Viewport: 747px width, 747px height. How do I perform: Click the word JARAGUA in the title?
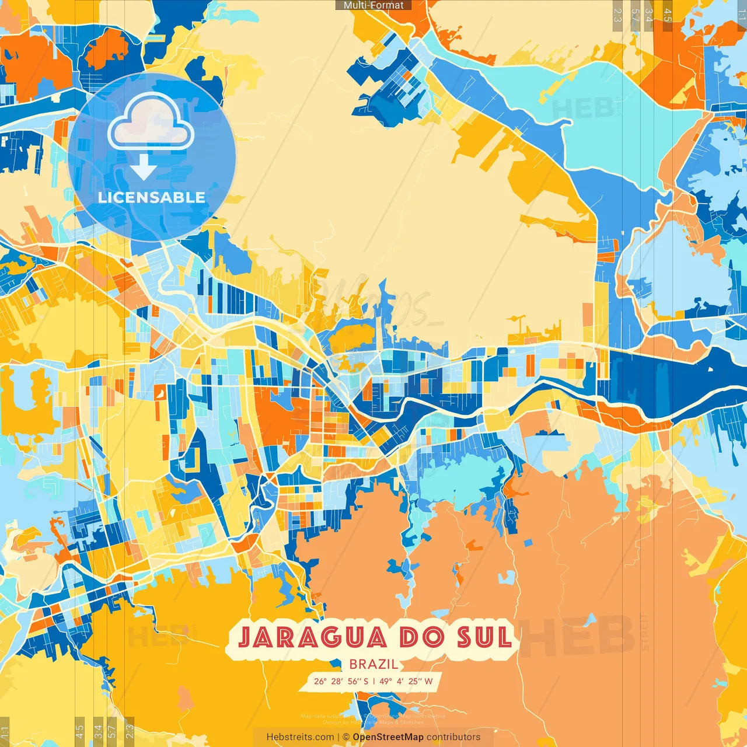click(313, 637)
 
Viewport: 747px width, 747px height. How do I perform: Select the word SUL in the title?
click(484, 637)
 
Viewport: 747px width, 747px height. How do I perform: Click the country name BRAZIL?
click(373, 664)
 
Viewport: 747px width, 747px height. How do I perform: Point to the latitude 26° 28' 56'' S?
click(341, 681)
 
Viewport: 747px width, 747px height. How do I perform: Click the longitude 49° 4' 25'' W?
click(406, 681)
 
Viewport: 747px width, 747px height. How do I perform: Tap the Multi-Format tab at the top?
click(373, 5)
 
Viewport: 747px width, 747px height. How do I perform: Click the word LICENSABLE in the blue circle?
click(152, 197)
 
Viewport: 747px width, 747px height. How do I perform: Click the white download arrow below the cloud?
click(143, 167)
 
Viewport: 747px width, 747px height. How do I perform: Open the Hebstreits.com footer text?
click(300, 737)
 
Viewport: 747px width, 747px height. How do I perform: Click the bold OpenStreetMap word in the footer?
click(388, 737)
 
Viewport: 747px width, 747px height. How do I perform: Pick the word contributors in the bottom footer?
click(453, 737)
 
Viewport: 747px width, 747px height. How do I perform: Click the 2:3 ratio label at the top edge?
click(617, 15)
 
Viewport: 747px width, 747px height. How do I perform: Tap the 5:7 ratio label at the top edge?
click(635, 15)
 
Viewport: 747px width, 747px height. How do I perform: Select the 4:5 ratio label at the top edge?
click(668, 15)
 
